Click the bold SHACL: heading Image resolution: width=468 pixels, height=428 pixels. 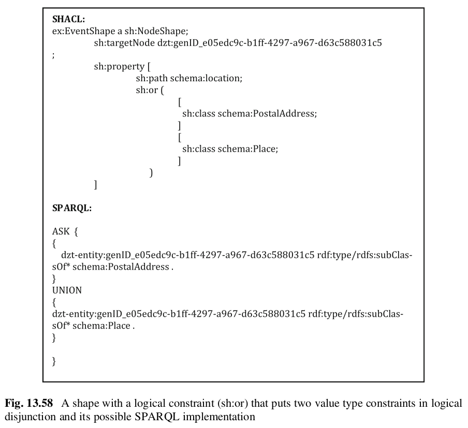click(68, 20)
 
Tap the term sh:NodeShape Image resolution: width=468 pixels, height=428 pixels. click(154, 32)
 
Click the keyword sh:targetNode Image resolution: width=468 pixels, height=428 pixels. click(124, 43)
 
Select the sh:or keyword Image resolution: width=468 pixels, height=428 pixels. click(147, 90)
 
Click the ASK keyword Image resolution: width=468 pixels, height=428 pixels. click(61, 232)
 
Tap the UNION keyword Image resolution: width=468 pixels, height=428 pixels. click(67, 290)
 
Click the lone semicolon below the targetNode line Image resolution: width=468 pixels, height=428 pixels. click(53, 56)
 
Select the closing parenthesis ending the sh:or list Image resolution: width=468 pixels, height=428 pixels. click(151, 173)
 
